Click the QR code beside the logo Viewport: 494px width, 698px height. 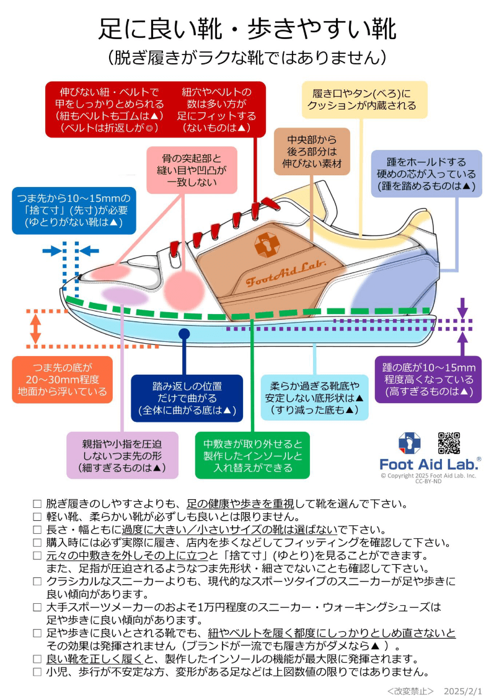[x=449, y=443]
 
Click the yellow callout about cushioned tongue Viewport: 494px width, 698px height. [x=364, y=100]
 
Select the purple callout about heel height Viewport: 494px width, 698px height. [x=428, y=379]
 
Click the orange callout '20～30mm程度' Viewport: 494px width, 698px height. [x=63, y=379]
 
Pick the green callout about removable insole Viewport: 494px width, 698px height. [x=252, y=455]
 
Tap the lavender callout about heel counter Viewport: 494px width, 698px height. [x=426, y=173]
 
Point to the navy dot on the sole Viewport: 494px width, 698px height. [x=184, y=334]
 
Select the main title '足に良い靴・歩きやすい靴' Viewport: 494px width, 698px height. [x=247, y=29]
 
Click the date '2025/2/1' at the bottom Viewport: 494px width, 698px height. [x=463, y=689]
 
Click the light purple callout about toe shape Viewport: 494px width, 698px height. [x=123, y=455]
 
